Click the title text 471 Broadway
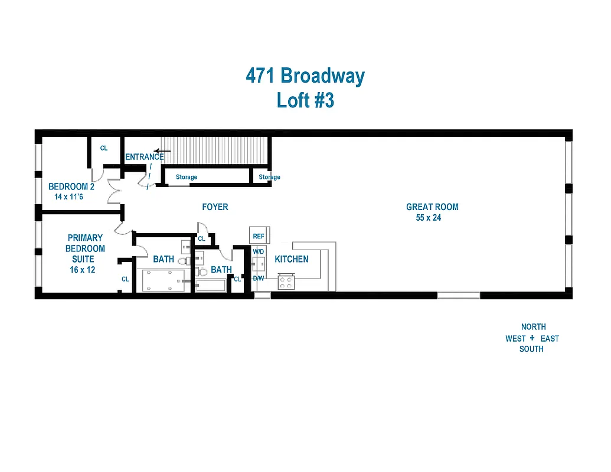[x=305, y=76]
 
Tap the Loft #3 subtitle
[x=305, y=100]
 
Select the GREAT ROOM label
[x=432, y=207]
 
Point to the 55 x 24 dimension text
[x=429, y=218]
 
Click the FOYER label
[x=215, y=207]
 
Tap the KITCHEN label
[x=291, y=259]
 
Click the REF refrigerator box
[x=259, y=236]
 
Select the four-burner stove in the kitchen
[x=287, y=282]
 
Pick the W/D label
[x=259, y=252]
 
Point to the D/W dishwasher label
[x=259, y=278]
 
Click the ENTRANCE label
[x=144, y=157]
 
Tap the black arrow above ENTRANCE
[x=162, y=151]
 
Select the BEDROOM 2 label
[x=71, y=186]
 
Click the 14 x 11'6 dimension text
[x=69, y=196]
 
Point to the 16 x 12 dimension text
[x=82, y=270]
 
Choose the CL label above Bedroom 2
[x=104, y=149]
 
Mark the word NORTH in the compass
[x=533, y=327]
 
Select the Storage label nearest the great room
[x=269, y=177]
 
